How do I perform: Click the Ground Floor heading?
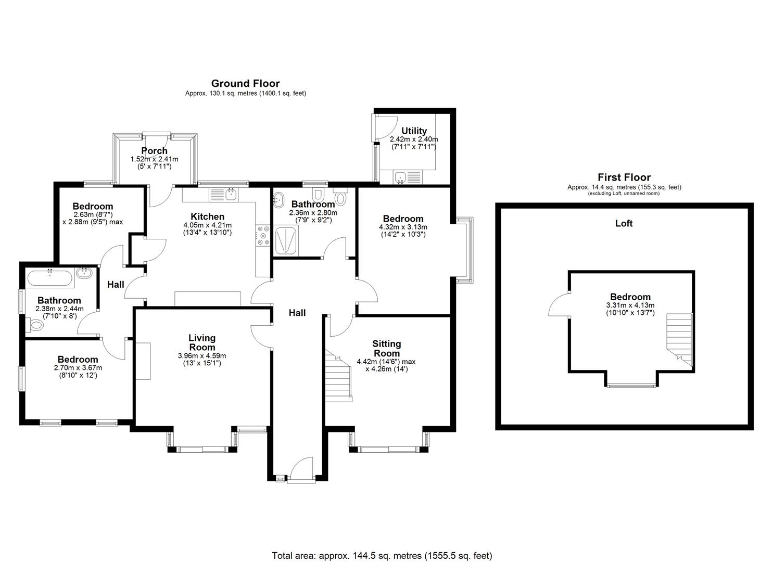click(x=245, y=83)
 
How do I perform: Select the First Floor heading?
click(x=624, y=177)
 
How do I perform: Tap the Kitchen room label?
click(x=207, y=216)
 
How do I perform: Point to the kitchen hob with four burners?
click(x=263, y=235)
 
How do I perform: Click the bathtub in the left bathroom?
click(x=49, y=277)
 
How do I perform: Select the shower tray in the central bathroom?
click(x=286, y=240)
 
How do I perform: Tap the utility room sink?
click(x=401, y=177)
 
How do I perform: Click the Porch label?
click(x=154, y=151)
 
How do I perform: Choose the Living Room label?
click(x=201, y=342)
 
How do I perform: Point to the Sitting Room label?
click(x=386, y=348)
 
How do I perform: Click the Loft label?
click(x=624, y=223)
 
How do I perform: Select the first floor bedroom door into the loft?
click(x=560, y=304)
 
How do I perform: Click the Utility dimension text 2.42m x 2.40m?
click(x=414, y=139)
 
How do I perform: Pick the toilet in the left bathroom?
click(x=35, y=326)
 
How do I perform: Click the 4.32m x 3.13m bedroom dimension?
click(x=403, y=227)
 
